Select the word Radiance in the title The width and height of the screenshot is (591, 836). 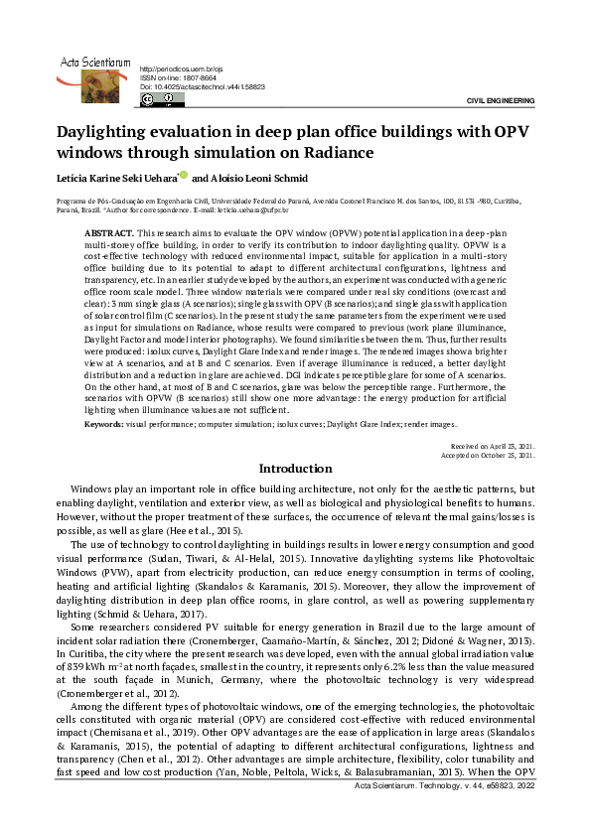[338, 153]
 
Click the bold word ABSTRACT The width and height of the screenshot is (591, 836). [106, 230]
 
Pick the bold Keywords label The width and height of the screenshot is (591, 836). [103, 424]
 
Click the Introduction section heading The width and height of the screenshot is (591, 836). [295, 469]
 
